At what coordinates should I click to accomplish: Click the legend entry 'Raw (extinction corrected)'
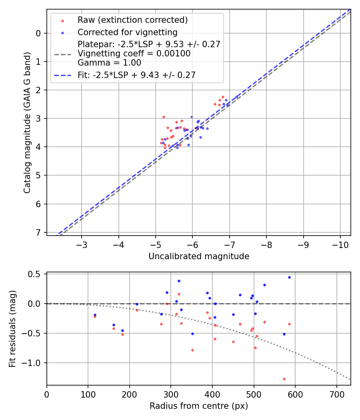[x=132, y=20]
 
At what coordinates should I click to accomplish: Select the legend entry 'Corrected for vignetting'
[x=127, y=32]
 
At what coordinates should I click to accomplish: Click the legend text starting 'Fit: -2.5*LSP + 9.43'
[x=136, y=75]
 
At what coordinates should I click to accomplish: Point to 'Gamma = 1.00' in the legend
[x=109, y=62]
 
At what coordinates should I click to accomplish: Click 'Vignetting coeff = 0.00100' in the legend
[x=134, y=54]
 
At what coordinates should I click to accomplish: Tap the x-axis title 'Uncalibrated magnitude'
[x=199, y=256]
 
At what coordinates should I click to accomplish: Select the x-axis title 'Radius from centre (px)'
[x=199, y=406]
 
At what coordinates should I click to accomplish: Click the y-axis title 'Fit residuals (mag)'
[x=12, y=329]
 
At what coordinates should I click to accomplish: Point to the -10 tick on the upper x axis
[x=340, y=244]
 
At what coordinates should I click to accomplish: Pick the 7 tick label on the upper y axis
[x=38, y=232]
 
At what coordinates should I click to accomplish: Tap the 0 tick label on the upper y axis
[x=38, y=33]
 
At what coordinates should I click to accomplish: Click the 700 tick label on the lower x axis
[x=336, y=394]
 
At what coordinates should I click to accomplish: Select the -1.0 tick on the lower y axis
[x=35, y=363]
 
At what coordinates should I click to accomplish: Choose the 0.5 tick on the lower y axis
[x=37, y=274]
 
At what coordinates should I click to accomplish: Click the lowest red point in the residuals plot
[x=284, y=379]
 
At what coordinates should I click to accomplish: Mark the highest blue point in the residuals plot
[x=289, y=277]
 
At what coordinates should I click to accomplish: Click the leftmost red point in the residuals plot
[x=95, y=316]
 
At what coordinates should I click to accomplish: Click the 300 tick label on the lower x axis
[x=171, y=394]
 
